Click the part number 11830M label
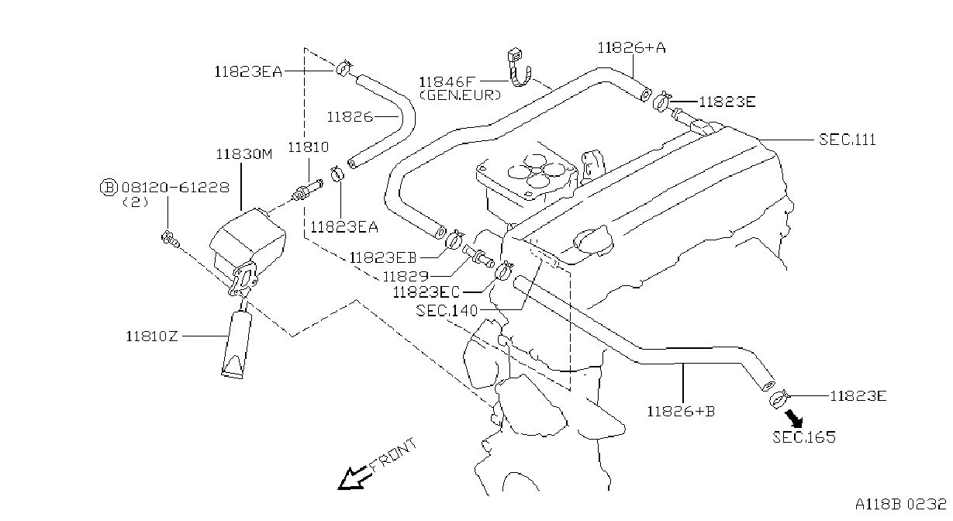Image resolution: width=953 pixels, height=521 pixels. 243,154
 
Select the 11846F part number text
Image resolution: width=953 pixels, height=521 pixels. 447,81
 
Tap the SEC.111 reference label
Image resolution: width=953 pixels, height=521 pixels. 848,140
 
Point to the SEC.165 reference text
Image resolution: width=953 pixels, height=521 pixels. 804,437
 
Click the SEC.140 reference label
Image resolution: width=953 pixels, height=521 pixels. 447,311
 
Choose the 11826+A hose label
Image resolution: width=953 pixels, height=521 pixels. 632,47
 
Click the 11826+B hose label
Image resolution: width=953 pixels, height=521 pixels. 681,411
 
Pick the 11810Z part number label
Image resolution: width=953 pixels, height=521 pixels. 152,336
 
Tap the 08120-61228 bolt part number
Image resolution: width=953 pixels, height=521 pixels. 175,188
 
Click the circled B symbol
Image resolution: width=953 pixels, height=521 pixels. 109,188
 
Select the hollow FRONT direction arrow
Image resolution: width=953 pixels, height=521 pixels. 353,478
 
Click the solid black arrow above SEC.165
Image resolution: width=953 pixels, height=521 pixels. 794,418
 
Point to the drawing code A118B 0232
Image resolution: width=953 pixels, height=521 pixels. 901,505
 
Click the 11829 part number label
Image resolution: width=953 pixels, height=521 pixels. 406,277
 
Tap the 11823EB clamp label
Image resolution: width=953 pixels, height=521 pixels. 383,257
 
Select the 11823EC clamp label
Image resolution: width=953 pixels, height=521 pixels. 426,292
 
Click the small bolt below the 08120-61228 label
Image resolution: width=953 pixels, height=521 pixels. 170,239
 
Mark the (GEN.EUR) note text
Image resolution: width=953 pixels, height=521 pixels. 461,95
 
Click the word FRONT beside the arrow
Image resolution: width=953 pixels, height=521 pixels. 392,455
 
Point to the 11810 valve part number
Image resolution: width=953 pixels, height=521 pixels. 309,147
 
